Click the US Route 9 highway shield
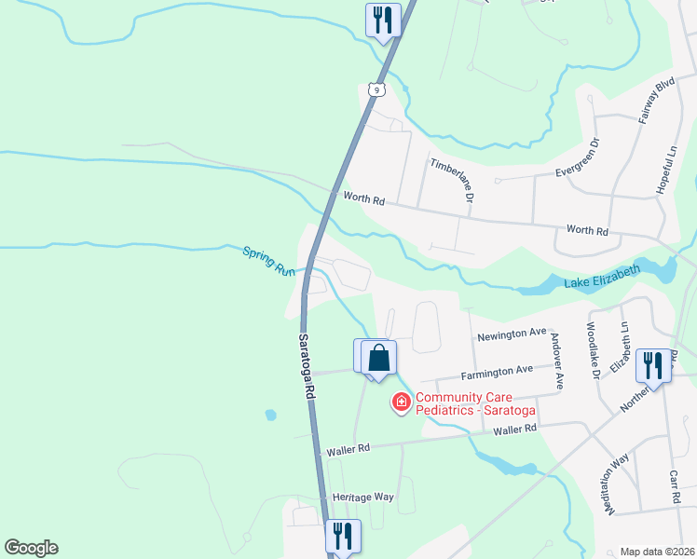pos(375,89)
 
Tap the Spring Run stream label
pos(268,261)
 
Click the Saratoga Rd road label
pos(306,367)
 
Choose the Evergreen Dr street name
pos(578,159)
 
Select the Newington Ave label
pos(511,334)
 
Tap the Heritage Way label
pos(362,498)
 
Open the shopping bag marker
pos(379,358)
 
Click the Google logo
pos(31,548)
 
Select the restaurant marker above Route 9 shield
pos(383,20)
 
